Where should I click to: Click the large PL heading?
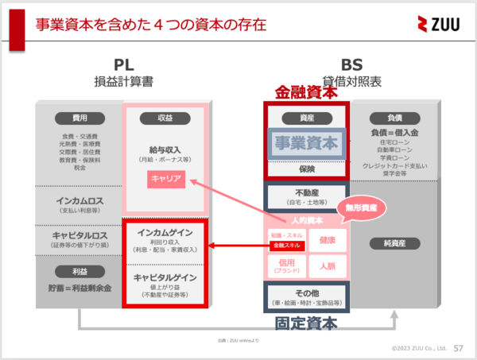tap(123, 64)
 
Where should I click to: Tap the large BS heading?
tap(351, 64)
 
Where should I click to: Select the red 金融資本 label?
tap(305, 91)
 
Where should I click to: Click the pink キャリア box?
tap(166, 180)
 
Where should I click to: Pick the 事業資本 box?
tap(306, 144)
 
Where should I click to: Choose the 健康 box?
tap(327, 239)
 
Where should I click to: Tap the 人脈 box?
tap(327, 265)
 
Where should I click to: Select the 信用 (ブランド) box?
tap(286, 265)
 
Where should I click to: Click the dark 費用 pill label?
tap(79, 118)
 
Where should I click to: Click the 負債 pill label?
tap(395, 118)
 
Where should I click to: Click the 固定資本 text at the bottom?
tap(306, 323)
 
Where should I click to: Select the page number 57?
tap(458, 348)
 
